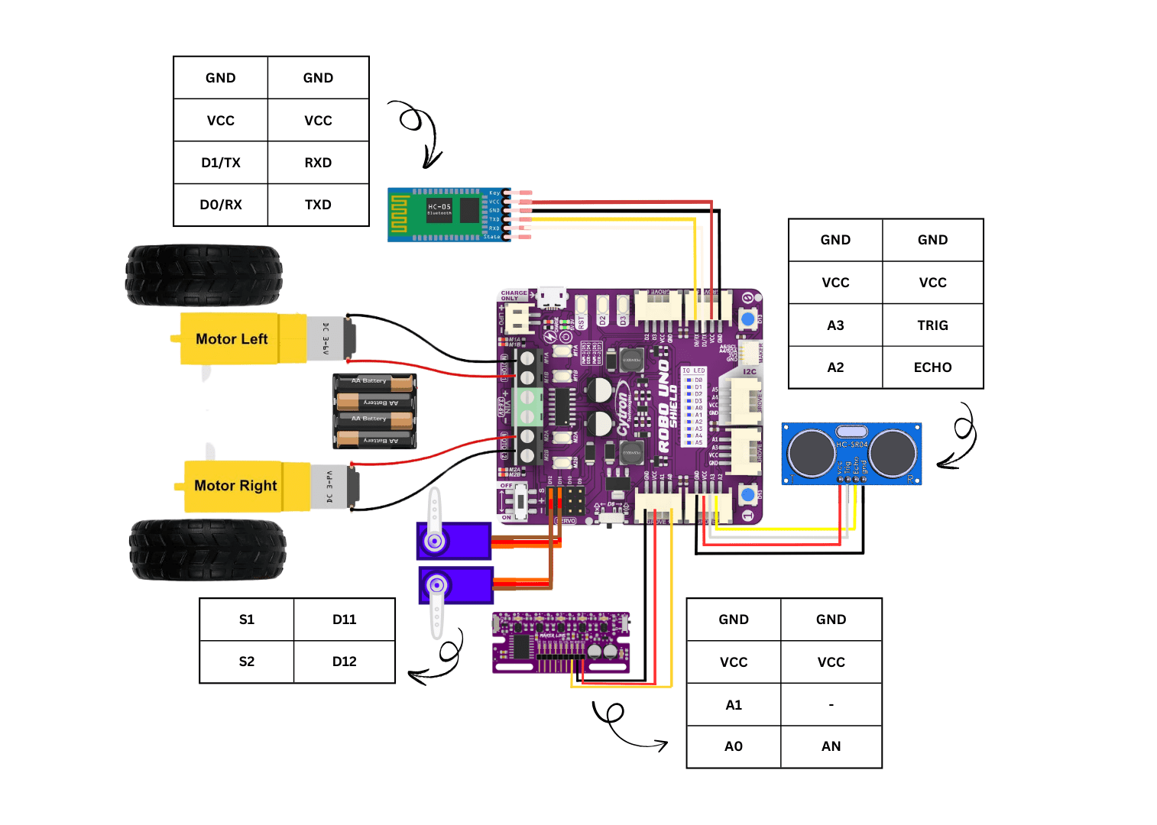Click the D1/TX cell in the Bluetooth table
click(x=221, y=163)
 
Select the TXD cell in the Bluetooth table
click(x=318, y=205)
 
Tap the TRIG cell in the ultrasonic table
click(x=932, y=325)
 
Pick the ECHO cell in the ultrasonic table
click(x=932, y=367)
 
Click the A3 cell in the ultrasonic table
click(x=835, y=325)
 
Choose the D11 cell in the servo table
click(x=344, y=620)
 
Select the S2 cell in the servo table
click(x=246, y=662)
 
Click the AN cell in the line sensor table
click(x=831, y=746)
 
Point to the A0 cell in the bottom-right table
click(x=733, y=746)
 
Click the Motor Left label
click(x=232, y=338)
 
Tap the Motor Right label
click(x=235, y=485)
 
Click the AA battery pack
click(x=374, y=410)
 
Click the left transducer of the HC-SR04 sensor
click(x=812, y=453)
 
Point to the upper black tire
click(x=204, y=274)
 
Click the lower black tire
click(x=207, y=549)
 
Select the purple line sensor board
click(x=560, y=642)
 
